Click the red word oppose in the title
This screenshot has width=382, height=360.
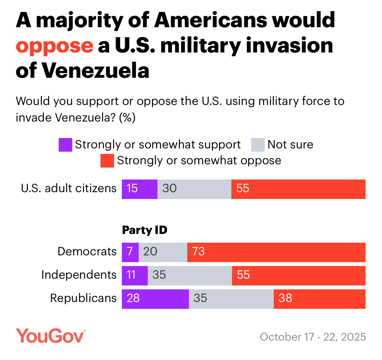[54, 46]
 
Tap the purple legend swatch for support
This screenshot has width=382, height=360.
[65, 145]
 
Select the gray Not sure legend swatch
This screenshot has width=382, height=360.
[258, 145]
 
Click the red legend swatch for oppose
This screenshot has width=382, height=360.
[107, 161]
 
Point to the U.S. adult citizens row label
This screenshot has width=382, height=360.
[69, 188]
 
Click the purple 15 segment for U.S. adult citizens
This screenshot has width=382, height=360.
[139, 189]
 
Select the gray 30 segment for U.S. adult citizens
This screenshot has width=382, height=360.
[194, 189]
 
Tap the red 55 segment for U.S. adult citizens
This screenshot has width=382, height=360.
[298, 189]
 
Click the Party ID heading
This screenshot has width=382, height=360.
[145, 230]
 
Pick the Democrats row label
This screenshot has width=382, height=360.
[87, 251]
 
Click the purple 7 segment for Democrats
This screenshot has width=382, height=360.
[130, 252]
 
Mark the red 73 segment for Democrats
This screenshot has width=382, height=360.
[276, 252]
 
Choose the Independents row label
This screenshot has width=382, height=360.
[79, 275]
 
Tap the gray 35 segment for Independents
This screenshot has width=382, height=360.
[190, 275]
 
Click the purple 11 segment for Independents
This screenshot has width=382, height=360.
[134, 275]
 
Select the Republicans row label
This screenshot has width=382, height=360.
[83, 298]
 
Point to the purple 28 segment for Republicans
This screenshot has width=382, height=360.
[155, 299]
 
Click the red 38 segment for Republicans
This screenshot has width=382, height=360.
[319, 299]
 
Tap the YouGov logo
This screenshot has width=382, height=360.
[51, 336]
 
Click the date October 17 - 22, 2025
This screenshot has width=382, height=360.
[313, 337]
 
